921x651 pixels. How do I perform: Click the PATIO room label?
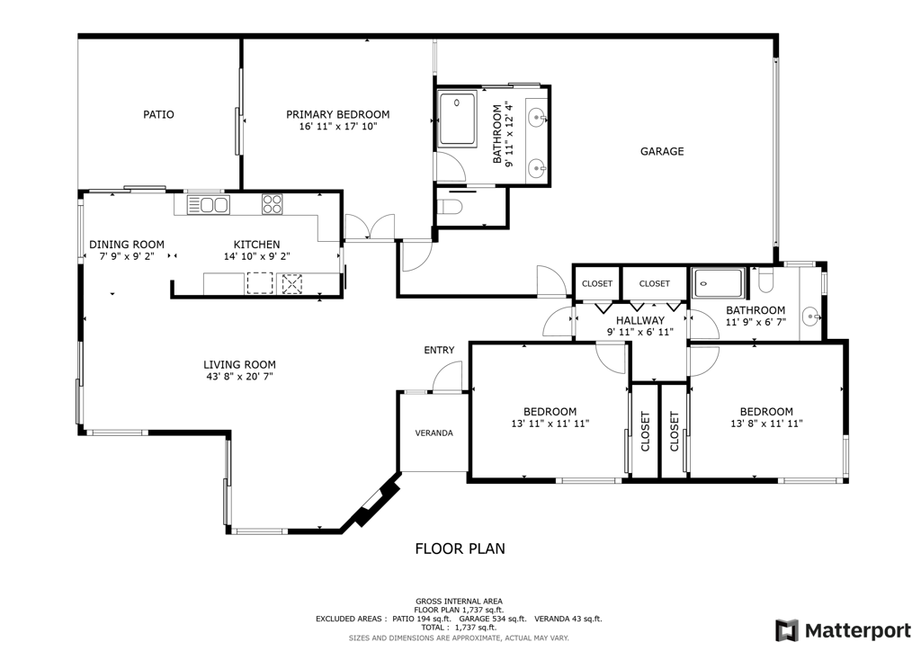(x=158, y=115)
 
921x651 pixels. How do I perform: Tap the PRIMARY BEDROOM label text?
(x=337, y=115)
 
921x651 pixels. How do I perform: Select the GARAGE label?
(x=661, y=152)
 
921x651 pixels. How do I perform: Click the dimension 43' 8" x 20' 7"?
(x=239, y=378)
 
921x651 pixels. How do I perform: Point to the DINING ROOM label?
(x=127, y=245)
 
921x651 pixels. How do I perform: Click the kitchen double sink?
(x=208, y=205)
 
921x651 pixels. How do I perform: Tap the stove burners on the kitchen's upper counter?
(x=272, y=205)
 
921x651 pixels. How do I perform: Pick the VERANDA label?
(x=434, y=433)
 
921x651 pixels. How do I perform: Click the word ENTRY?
(x=439, y=350)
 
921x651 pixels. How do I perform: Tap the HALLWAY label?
(x=639, y=320)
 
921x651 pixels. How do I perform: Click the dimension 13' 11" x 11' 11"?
(x=550, y=424)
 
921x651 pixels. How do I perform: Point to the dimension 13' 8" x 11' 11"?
(x=766, y=424)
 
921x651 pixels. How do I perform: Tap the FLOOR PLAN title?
(x=460, y=548)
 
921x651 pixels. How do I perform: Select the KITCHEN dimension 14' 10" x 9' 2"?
(x=256, y=256)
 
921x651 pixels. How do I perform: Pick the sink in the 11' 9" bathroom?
(x=810, y=316)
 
